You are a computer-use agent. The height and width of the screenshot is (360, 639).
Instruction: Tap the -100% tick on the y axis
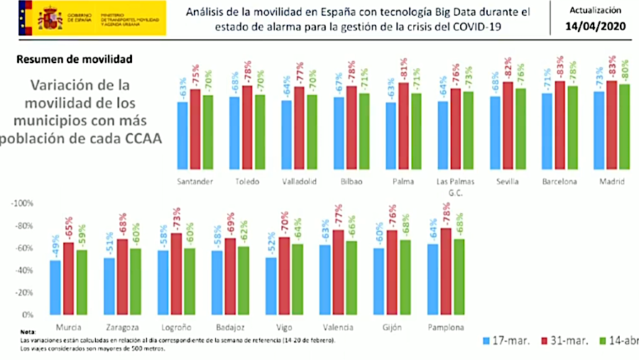(23, 204)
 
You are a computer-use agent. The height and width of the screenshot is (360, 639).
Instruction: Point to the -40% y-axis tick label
(25, 271)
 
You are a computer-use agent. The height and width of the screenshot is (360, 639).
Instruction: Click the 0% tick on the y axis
(28, 315)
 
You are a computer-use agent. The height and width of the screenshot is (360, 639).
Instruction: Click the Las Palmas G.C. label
(455, 186)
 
